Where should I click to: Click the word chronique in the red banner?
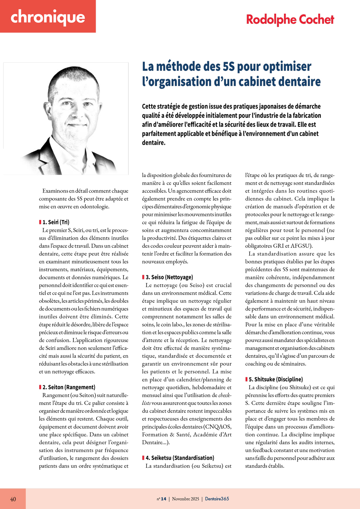(48, 17)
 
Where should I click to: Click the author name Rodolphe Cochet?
(290, 19)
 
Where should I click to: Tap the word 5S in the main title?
(229, 67)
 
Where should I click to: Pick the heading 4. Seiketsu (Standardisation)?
(180, 458)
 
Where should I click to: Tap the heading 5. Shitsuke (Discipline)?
(276, 379)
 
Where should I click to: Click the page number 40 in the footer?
(13, 499)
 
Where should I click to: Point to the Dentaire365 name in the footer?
(217, 499)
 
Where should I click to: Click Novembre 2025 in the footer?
(185, 499)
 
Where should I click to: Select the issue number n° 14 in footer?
(162, 499)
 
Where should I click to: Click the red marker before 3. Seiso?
(143, 277)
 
